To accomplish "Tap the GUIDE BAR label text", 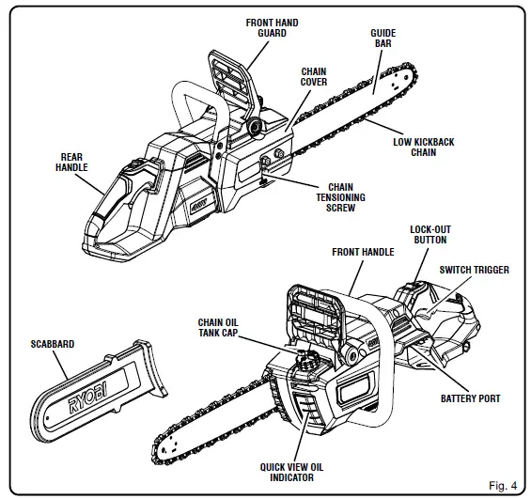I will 383,39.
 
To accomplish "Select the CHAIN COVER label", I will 314,76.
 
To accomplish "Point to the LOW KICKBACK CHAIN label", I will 423,148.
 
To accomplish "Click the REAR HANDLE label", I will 73,162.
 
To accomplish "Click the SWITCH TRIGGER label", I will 475,270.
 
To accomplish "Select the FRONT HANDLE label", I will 363,252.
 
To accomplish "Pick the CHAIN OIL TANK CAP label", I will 223,325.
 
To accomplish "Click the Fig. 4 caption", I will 502,485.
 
